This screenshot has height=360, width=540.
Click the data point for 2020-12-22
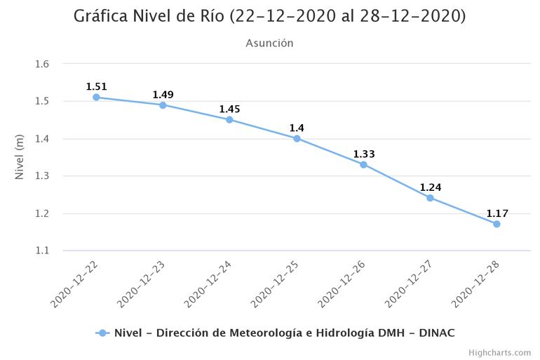click(96, 97)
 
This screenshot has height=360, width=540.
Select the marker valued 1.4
click(297, 138)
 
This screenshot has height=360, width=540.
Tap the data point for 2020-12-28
click(497, 224)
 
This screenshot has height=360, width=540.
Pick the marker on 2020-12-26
click(363, 164)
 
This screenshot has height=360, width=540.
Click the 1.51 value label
click(96, 86)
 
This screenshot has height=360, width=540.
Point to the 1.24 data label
click(430, 187)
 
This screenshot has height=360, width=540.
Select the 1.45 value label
click(229, 109)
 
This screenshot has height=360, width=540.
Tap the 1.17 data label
click(497, 213)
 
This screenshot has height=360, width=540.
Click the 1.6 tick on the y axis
click(42, 64)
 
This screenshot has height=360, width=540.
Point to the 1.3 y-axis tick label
click(42, 176)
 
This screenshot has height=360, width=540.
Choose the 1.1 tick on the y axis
click(42, 251)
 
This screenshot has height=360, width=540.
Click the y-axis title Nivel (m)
click(20, 157)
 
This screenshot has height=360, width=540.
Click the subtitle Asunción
click(269, 43)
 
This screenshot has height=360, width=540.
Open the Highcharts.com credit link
click(499, 352)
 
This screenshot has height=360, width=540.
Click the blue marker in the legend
click(102, 333)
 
